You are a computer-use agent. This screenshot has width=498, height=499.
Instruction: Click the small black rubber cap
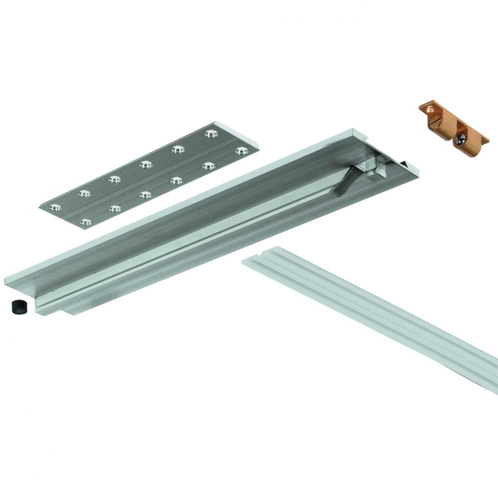tap(18, 306)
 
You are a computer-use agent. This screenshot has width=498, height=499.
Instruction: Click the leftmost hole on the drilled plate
tap(54, 207)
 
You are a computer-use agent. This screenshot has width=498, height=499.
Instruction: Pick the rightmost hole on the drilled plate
tap(242, 150)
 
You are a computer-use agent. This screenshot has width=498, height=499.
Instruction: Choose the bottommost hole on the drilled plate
tap(86, 223)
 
